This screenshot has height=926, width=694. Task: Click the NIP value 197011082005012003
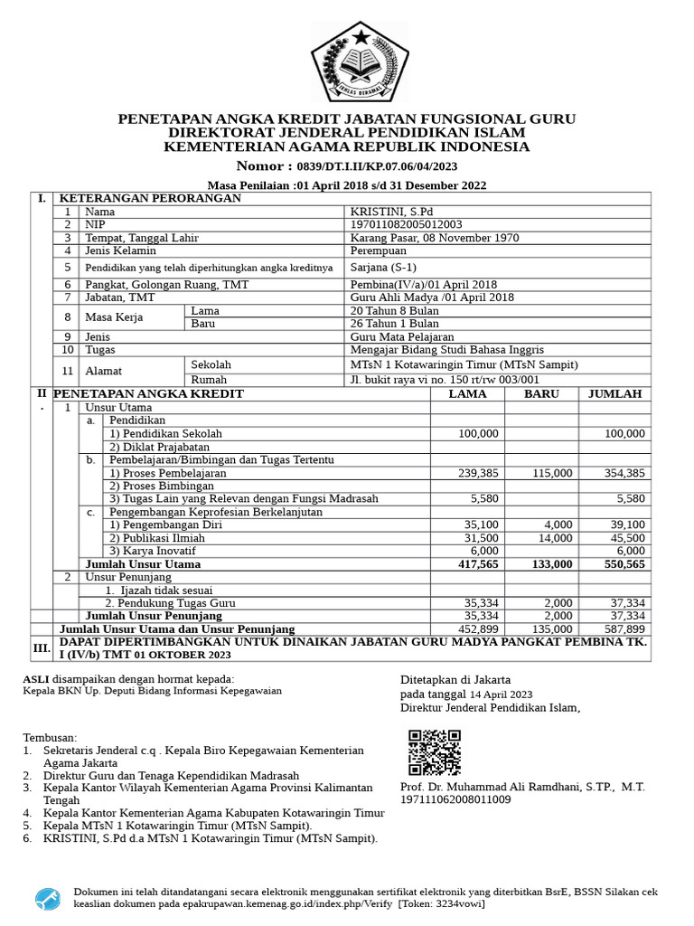point(406,224)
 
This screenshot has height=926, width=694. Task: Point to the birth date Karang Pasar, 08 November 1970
point(434,238)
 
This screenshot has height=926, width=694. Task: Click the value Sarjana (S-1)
point(383,268)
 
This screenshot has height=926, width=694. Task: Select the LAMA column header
point(467,394)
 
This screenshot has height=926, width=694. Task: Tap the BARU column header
point(541,394)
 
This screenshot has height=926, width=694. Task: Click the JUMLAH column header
point(615,394)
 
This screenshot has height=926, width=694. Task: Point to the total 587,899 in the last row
point(624,628)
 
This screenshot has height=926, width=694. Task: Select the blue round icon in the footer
point(48,898)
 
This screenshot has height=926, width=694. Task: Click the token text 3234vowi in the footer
point(457,903)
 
